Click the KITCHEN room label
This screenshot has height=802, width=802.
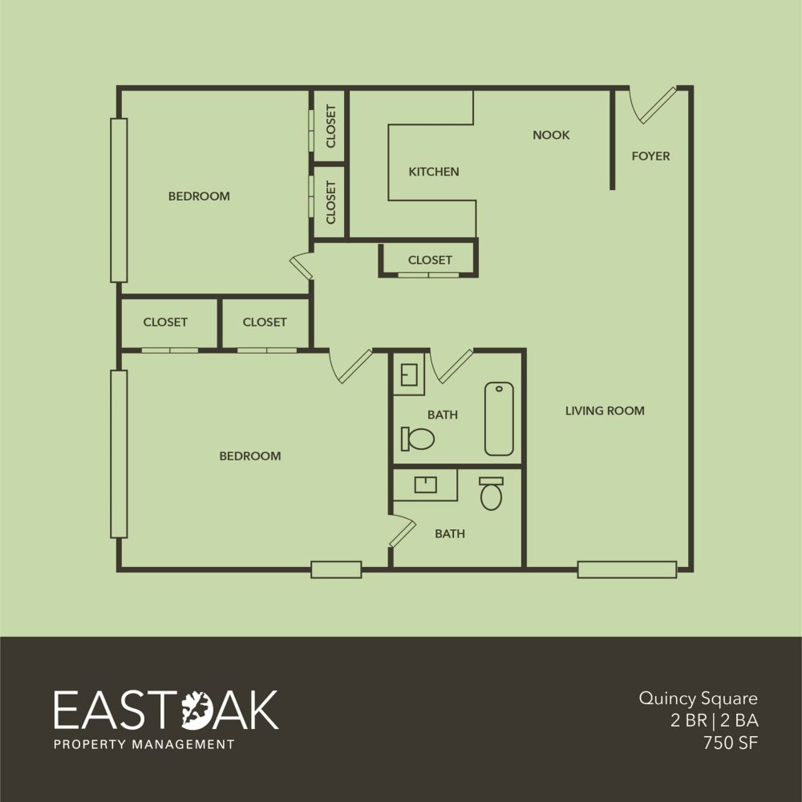point(434,172)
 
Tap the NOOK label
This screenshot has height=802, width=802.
point(551,135)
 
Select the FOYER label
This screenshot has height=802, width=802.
point(650,156)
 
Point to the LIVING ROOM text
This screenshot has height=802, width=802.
point(605,411)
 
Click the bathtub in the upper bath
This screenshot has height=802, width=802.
point(499,419)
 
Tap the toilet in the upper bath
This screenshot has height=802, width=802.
point(417,439)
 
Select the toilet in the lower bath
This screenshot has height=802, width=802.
point(491,493)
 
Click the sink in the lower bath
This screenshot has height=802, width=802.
point(425,484)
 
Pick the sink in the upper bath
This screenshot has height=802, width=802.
point(409,375)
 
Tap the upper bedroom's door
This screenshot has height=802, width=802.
point(302,266)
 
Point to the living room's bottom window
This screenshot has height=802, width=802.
point(627,569)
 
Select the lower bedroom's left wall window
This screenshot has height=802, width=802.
point(119,454)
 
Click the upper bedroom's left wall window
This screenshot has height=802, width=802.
point(119,200)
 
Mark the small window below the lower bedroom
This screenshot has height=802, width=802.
point(336,569)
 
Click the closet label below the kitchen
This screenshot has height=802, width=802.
point(430,261)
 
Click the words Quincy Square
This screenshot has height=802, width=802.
point(699,699)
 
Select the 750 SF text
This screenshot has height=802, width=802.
point(731,743)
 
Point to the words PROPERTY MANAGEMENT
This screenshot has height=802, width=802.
point(144,744)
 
